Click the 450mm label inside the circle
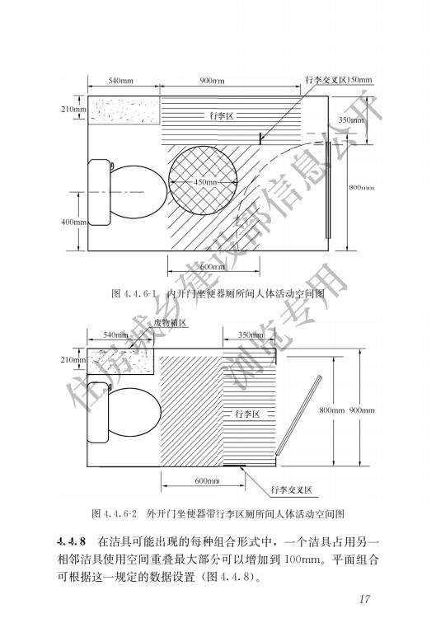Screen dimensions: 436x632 (205, 182)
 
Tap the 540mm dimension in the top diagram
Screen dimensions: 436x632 (120, 81)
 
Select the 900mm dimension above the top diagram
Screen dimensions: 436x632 (212, 81)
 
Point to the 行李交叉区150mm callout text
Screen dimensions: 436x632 (339, 80)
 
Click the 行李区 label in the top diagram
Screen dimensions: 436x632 (222, 116)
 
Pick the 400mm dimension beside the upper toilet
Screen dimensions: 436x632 (73, 222)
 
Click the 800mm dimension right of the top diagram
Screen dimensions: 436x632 (361, 187)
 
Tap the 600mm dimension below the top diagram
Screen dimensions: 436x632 (213, 266)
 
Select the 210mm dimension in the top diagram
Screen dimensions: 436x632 (73, 109)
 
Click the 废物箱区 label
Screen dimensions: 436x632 (171, 322)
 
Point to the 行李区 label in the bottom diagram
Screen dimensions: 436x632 (247, 414)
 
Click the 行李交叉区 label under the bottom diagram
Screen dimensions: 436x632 (292, 489)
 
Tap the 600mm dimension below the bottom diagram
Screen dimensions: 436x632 (207, 480)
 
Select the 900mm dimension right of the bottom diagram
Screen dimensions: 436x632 (362, 410)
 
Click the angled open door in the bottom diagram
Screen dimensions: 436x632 (299, 415)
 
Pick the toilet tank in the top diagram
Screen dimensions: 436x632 (99, 192)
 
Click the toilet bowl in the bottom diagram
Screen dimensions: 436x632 (134, 412)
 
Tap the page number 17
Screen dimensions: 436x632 (364, 599)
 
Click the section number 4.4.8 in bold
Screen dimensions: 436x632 (72, 541)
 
